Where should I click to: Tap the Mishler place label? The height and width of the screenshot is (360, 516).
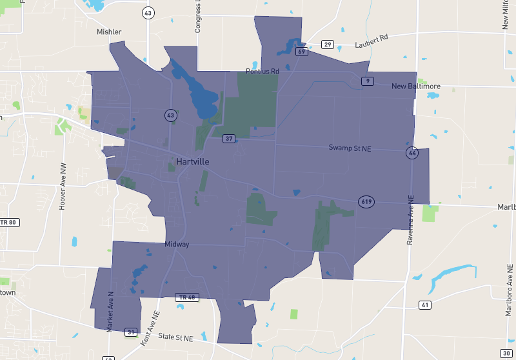point(109,32)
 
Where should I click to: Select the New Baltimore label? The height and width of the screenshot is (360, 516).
point(416,86)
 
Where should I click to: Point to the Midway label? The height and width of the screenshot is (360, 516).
point(177,245)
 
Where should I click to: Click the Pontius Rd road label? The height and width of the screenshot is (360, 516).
point(262,71)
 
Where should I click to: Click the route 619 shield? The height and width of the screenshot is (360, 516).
point(366,202)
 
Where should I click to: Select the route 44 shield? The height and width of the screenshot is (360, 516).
point(412,153)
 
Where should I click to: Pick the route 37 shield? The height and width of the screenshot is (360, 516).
point(229,139)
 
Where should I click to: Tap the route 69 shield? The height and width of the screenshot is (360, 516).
point(301,52)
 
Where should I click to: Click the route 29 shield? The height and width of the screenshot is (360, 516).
point(328,45)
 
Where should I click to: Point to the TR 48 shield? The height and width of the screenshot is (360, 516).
point(186,297)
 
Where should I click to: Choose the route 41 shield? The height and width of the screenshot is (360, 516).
point(424,305)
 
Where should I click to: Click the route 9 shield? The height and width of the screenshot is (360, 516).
point(367,81)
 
